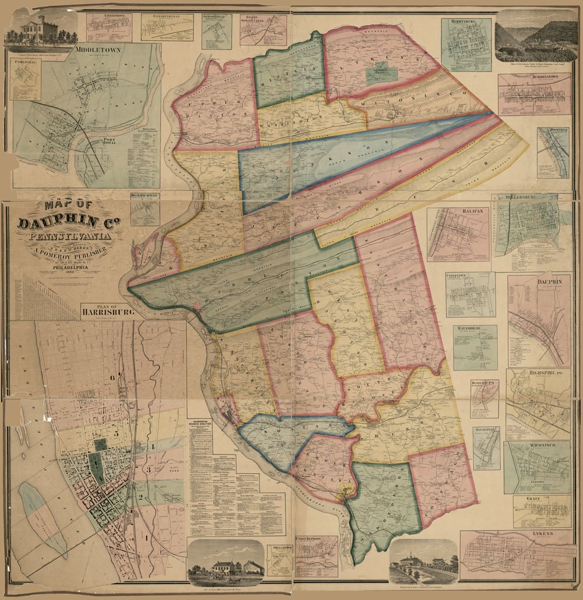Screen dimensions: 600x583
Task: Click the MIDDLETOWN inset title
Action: click(99, 50)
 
